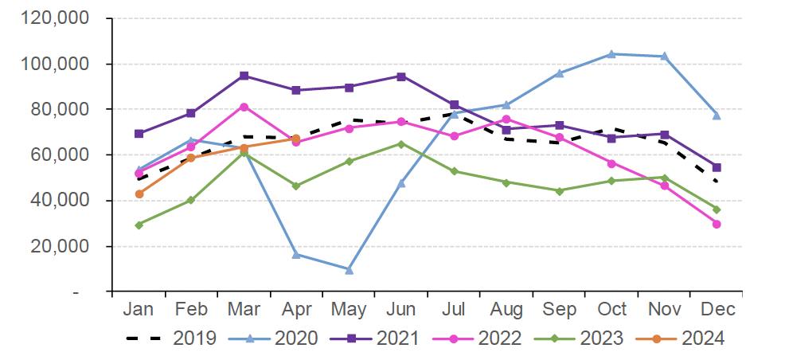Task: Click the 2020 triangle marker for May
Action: [349, 269]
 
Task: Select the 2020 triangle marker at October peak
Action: [611, 54]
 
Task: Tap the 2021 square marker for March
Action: [244, 76]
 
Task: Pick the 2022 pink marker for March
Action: [244, 107]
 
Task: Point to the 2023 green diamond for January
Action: [139, 225]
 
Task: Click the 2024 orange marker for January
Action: [139, 194]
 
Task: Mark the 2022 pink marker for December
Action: [717, 224]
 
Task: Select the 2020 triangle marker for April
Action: [296, 254]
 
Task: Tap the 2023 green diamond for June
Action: [401, 144]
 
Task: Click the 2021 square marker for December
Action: [717, 167]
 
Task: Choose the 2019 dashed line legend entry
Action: [171, 338]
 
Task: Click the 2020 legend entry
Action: [274, 338]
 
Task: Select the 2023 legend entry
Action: [580, 338]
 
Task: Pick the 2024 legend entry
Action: [682, 338]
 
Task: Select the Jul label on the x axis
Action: [453, 309]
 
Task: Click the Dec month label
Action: [717, 309]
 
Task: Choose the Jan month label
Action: [139, 309]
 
